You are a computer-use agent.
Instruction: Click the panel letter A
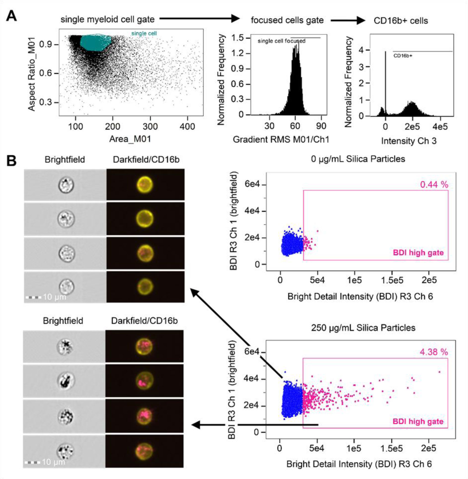pos(11,16)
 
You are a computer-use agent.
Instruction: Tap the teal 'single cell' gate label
pos(144,33)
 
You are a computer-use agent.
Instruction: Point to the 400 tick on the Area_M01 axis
pos(187,127)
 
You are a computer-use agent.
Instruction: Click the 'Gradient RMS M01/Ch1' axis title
pos(281,140)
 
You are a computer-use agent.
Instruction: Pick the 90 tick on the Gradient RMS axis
pos(321,126)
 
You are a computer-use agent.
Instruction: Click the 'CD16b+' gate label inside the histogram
pos(403,56)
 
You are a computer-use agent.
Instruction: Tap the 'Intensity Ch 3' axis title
pos(409,141)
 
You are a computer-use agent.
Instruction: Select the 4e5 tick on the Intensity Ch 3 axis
pos(440,127)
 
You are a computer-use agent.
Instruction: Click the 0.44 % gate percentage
pos(434,185)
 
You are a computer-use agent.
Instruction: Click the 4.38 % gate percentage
pos(434,352)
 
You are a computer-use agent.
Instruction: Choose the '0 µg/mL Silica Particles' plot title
pos(358,159)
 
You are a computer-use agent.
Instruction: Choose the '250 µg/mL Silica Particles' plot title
pos(363,328)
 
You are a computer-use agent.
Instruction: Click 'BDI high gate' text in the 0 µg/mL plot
pos(418,252)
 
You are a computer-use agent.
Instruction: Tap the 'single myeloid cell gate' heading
pos(107,19)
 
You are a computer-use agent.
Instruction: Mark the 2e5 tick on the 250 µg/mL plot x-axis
pos(428,448)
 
